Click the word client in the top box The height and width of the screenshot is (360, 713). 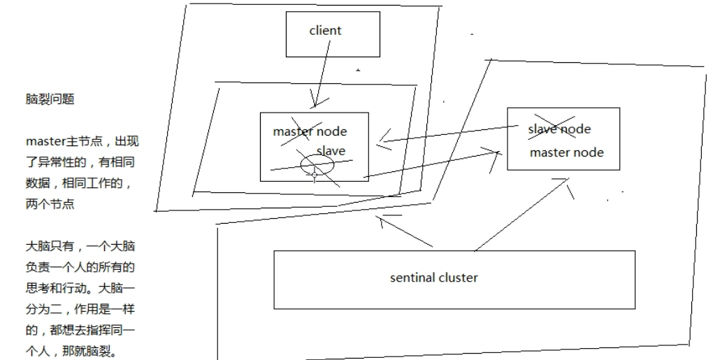click(325, 31)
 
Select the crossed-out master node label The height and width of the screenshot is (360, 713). click(310, 131)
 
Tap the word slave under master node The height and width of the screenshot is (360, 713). click(331, 150)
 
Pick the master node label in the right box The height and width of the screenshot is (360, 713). click(566, 152)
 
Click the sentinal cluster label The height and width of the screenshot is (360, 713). click(433, 278)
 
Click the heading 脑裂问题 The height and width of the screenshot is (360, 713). click(50, 100)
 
